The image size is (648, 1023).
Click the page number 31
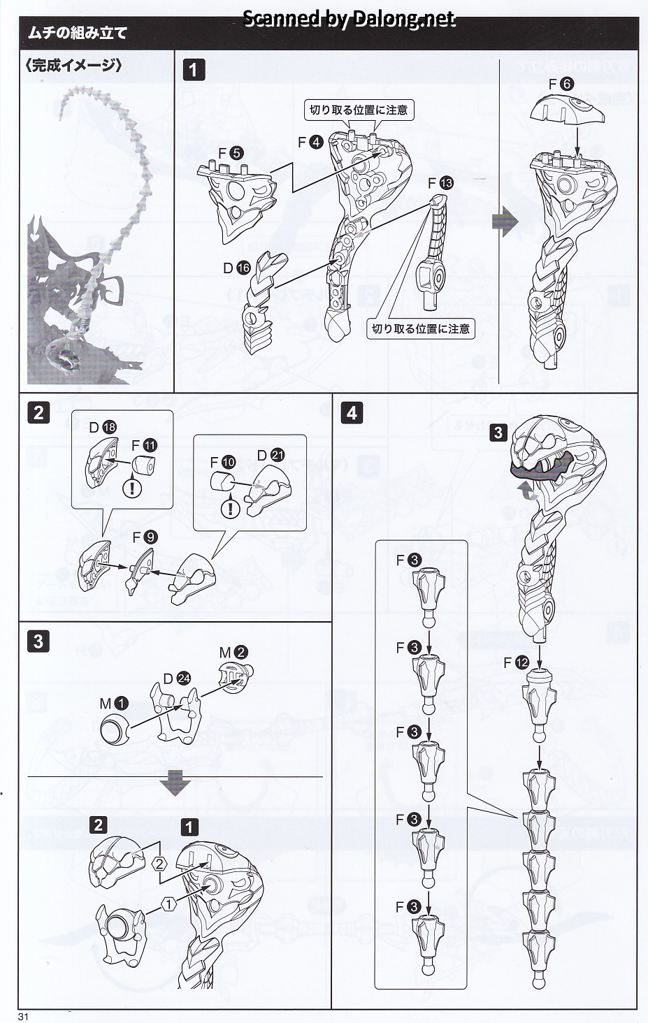[23, 1016]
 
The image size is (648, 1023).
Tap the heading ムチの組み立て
[77, 33]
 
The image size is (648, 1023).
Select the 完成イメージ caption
[73, 66]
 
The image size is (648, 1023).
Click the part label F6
[561, 84]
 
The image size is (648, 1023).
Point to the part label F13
[440, 183]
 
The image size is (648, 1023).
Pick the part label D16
[237, 268]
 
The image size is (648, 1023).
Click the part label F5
[231, 153]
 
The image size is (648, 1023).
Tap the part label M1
[114, 704]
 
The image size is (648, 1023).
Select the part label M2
[233, 652]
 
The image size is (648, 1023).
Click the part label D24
[176, 679]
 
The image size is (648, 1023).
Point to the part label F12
[516, 662]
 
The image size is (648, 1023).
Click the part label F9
[145, 537]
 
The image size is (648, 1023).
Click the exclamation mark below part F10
[230, 509]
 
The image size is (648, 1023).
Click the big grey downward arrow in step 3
[175, 783]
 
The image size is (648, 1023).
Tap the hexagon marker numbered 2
[159, 864]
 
